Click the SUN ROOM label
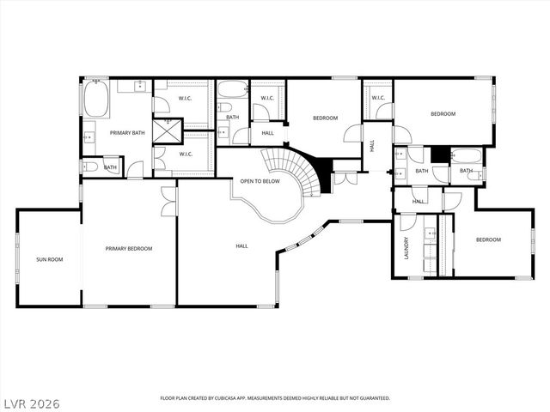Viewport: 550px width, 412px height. tap(49, 258)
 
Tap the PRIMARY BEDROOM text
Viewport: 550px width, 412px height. tap(129, 249)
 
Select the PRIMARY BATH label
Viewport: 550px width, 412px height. tap(126, 133)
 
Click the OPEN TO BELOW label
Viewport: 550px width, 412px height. tap(260, 181)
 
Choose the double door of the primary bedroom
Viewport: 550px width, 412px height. tap(168, 201)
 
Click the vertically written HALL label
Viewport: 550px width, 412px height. tap(372, 146)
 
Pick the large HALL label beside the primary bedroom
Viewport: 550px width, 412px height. tap(241, 246)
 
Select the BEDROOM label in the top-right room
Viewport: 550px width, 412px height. tap(443, 113)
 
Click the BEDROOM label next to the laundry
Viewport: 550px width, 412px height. tap(488, 239)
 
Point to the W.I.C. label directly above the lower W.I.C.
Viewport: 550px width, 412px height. tap(185, 98)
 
